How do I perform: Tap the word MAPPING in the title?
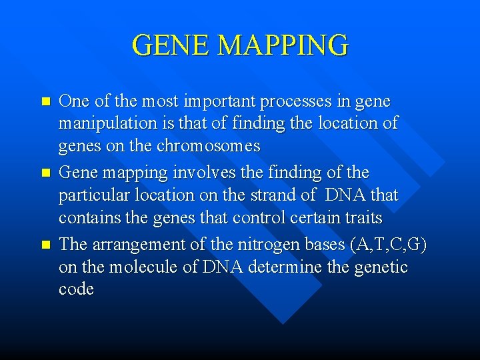pos(283,45)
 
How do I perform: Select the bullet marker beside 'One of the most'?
pos(45,103)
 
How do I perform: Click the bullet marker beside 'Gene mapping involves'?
pos(45,173)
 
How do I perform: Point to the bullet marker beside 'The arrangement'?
pos(45,245)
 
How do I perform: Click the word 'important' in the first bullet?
pos(219,101)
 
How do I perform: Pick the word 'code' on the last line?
pos(76,290)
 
